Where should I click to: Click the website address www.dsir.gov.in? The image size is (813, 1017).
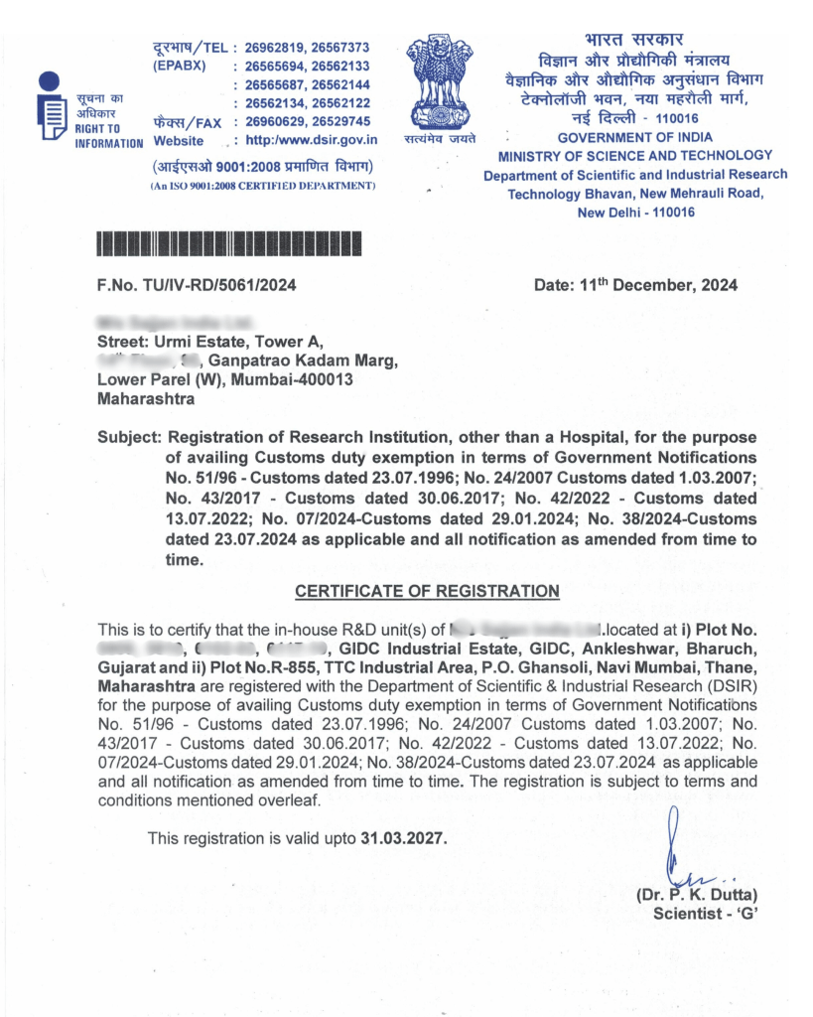(311, 140)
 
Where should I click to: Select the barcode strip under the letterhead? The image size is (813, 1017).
(228, 243)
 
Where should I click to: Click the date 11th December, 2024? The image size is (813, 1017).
(635, 286)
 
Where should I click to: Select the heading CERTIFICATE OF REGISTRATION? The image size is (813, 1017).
(427, 591)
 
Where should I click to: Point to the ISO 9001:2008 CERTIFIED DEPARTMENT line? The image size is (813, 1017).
(262, 186)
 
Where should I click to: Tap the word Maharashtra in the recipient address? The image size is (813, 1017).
(146, 398)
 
